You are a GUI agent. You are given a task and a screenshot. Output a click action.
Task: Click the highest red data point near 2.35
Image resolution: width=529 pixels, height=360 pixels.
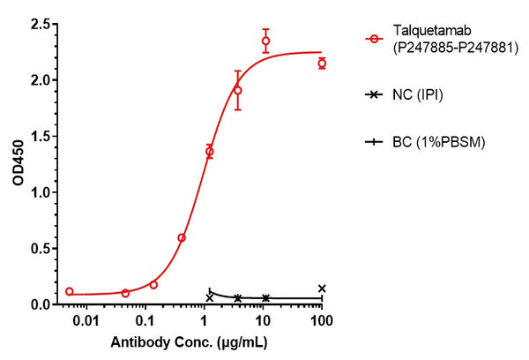coord(265,41)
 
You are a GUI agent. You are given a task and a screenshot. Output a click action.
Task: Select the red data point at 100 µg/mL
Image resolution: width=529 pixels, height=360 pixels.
coord(322,64)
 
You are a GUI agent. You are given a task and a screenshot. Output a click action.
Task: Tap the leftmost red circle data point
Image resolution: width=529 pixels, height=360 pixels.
coord(70,291)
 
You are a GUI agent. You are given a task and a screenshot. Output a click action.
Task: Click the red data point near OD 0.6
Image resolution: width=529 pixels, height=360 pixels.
coord(182,237)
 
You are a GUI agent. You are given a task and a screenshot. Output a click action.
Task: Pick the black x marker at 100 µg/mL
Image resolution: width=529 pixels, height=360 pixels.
coord(322,289)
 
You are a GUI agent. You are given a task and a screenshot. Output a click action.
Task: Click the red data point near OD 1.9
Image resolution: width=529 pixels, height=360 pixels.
coord(238,90)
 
